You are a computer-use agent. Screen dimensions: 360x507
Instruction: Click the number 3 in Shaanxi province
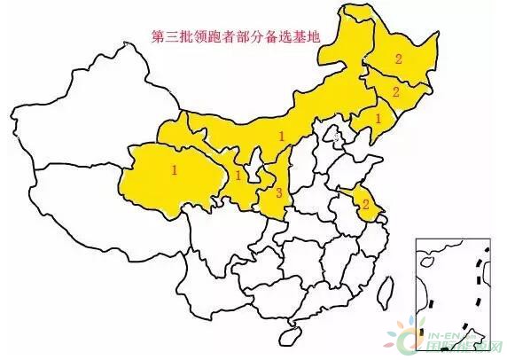278,192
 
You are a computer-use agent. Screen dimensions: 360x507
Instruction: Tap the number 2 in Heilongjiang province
399,59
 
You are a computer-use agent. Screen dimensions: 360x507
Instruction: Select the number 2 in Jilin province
395,91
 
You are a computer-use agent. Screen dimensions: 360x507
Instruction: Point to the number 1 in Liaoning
378,116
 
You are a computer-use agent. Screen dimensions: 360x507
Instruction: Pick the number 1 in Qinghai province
175,168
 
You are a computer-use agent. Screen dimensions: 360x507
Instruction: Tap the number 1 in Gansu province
238,176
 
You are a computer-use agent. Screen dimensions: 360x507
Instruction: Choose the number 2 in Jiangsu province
365,204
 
